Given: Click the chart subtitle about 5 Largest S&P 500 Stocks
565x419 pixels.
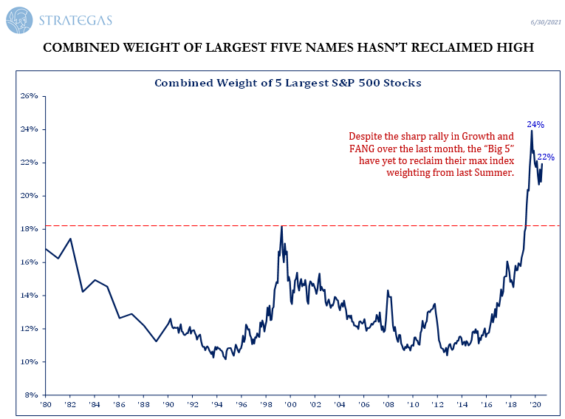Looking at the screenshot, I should (287, 83).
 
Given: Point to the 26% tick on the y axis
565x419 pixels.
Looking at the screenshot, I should (29, 96).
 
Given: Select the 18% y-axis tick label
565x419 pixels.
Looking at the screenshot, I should (29, 229).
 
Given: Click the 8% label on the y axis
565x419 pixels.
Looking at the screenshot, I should (31, 395).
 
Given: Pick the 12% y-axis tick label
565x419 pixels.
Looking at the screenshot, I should (29, 329).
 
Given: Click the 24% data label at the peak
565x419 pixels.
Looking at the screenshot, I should (535, 125).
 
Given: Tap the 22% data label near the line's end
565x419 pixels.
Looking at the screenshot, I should (546, 157).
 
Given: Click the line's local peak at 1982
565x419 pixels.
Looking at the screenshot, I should (70, 239).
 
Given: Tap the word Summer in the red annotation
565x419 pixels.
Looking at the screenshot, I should (496, 173).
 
